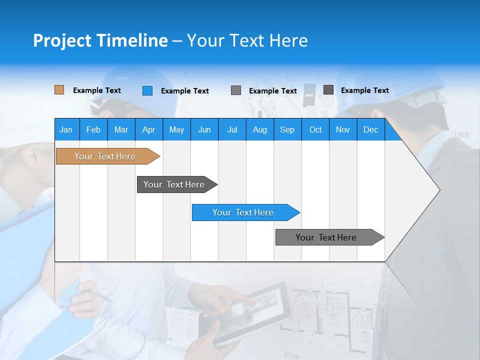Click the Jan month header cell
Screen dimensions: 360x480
[66, 129]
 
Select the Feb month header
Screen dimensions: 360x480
[93, 129]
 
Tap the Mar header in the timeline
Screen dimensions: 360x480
[121, 129]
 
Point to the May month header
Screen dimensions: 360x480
[176, 129]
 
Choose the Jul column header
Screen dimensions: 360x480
[232, 129]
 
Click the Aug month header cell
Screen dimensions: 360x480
[259, 129]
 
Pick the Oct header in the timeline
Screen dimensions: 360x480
[315, 129]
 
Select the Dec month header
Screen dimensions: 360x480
[370, 129]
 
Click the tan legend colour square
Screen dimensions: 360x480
[59, 90]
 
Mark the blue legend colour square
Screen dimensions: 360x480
[147, 90]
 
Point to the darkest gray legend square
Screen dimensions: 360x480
[328, 90]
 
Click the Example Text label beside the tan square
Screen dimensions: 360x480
[96, 90]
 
